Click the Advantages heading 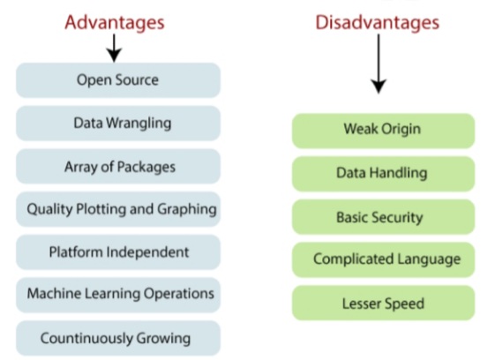[116, 20]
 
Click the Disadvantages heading [378, 20]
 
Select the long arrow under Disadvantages [379, 66]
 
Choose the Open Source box [117, 80]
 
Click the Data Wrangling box [117, 124]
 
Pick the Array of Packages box [117, 167]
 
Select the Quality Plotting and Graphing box [117, 209]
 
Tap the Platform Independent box [117, 252]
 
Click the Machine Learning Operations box [117, 294]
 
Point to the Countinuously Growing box [117, 337]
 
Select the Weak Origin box [382, 130]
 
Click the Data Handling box [382, 173]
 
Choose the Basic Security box [382, 216]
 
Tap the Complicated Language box [382, 259]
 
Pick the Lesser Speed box [382, 303]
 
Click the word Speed [405, 303]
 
